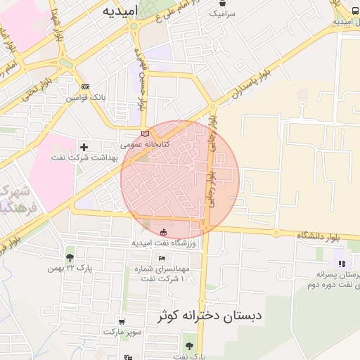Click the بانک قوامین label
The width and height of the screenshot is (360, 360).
86,98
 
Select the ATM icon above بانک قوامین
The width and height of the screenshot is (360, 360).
86,86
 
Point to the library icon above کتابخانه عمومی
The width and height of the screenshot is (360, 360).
146,132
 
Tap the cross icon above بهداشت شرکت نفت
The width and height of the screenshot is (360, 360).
84,147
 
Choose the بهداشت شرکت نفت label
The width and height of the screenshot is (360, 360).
77,158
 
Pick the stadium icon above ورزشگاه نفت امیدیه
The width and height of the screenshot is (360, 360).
163,233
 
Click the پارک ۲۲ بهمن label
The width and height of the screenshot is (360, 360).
70,268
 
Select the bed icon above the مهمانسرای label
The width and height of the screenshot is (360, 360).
162,259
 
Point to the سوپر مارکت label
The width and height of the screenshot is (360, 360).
122,330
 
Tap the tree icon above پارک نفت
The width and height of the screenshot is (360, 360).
189,345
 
